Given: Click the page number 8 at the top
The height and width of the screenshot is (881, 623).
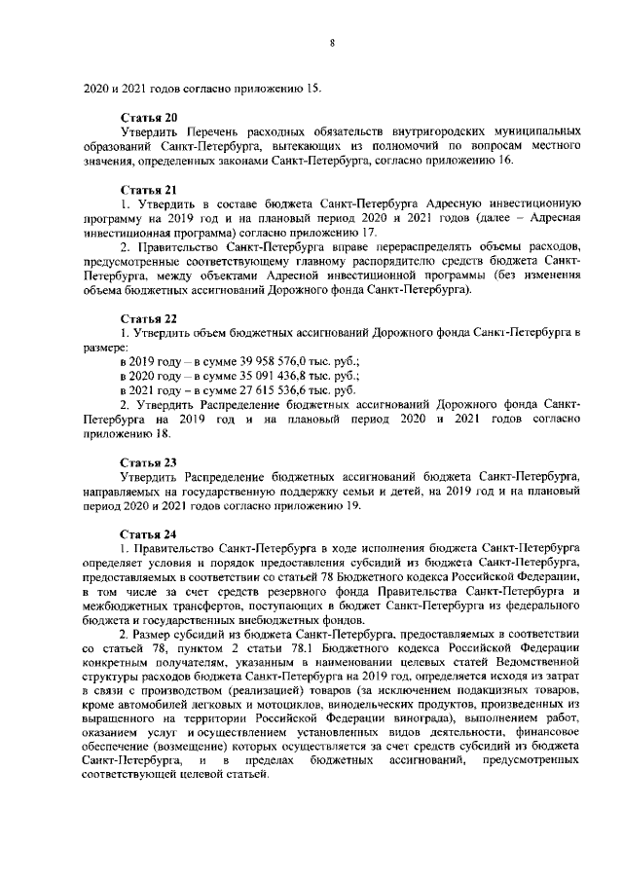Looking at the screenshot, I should point(332,44).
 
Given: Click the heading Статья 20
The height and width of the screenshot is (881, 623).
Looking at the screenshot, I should point(148,117).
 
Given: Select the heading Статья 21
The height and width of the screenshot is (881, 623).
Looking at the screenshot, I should point(148,188).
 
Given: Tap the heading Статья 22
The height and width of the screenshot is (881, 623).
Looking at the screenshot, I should point(148,318).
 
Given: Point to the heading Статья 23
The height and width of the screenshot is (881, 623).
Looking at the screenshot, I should point(148,461).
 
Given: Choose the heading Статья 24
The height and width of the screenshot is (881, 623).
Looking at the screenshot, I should point(148,533).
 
